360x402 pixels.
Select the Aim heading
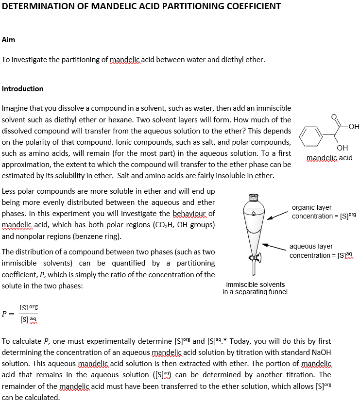click(x=8, y=40)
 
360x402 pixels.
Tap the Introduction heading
click(x=23, y=89)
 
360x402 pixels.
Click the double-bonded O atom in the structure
click(x=333, y=117)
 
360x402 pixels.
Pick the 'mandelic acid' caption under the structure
click(x=329, y=158)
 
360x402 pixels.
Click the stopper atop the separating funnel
click(x=253, y=198)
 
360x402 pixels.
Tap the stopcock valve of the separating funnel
click(x=253, y=257)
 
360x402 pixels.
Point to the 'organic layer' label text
click(x=311, y=207)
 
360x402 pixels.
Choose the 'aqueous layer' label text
click(x=311, y=247)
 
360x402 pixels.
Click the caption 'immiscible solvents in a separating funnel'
click(x=255, y=288)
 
